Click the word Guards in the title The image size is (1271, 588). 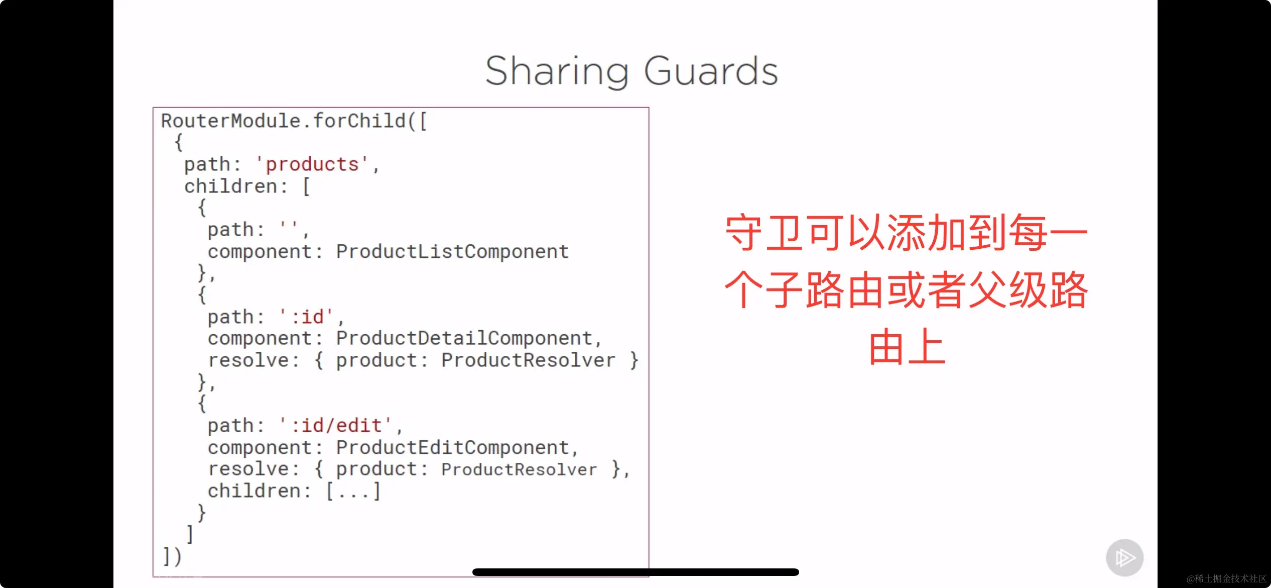coord(711,71)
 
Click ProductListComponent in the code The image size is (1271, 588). coord(452,251)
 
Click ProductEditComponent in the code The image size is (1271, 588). coord(452,447)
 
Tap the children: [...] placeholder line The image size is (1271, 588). coord(294,491)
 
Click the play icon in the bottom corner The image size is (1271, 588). coord(1125,558)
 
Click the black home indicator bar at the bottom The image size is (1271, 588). coord(635,572)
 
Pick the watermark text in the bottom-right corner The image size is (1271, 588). coord(1226,578)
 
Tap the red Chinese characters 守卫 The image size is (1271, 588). coord(766,233)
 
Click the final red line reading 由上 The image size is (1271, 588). coord(907,347)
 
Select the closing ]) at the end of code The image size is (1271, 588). coord(172,556)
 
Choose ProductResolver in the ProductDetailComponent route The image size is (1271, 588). coord(528,360)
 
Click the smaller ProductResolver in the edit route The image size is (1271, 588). coord(519,469)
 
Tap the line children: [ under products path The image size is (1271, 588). coord(247,186)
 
